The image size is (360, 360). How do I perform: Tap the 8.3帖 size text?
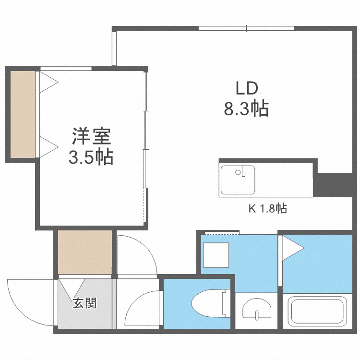(x=246, y=109)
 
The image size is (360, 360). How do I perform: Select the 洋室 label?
(x=92, y=136)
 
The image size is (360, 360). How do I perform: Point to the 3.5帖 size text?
(x=91, y=157)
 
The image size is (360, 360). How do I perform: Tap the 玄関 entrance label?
(x=84, y=303)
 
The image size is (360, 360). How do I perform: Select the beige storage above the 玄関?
(x=84, y=252)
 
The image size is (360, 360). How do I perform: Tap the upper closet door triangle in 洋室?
(x=47, y=82)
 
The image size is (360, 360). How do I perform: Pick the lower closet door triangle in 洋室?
(x=47, y=146)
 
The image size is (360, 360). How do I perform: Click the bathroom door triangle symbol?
(x=291, y=249)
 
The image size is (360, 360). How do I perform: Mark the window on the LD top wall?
(x=246, y=28)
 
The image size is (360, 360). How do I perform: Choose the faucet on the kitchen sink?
(x=244, y=170)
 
